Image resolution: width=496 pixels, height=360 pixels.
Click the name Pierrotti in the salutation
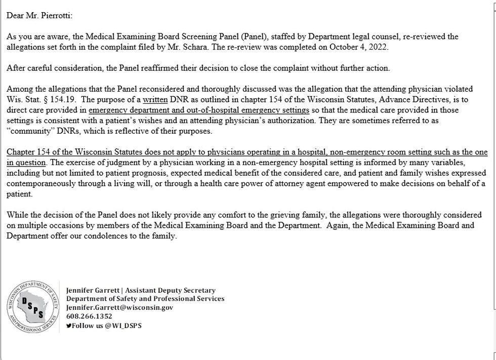point(55,15)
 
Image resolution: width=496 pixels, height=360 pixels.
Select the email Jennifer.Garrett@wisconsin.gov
point(119,307)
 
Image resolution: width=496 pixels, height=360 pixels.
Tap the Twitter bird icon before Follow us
point(69,326)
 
